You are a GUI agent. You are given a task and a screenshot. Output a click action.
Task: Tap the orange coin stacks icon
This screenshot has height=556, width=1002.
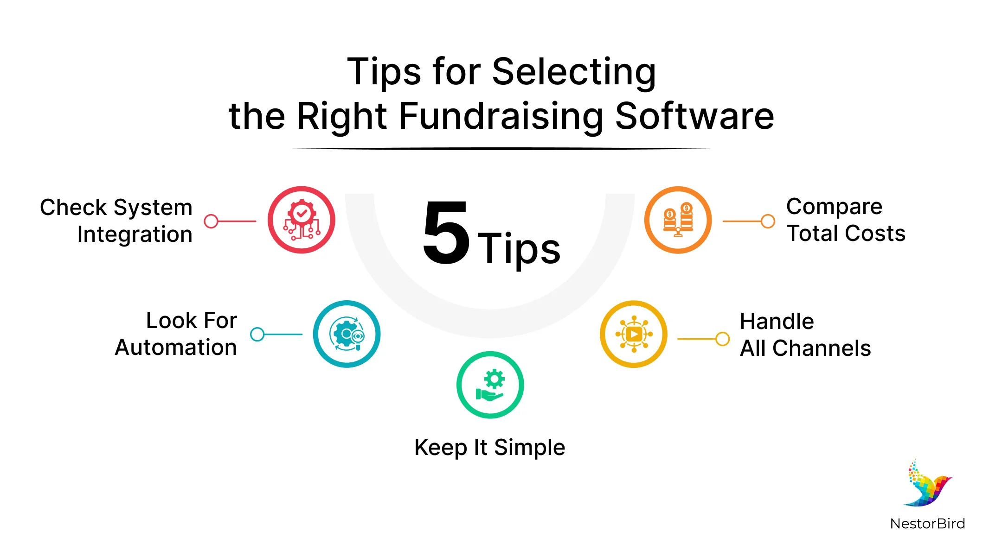click(678, 220)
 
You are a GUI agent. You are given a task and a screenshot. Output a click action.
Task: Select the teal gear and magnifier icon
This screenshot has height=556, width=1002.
click(347, 334)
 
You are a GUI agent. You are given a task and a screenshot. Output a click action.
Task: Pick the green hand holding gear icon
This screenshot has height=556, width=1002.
click(490, 385)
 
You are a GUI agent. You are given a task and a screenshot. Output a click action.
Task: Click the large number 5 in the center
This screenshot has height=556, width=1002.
click(446, 233)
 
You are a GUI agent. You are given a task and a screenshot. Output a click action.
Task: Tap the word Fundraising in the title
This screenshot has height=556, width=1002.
click(501, 116)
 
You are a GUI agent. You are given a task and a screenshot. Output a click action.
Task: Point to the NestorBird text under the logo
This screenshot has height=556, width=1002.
click(927, 524)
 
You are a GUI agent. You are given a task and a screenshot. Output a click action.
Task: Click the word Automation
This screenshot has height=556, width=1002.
click(176, 347)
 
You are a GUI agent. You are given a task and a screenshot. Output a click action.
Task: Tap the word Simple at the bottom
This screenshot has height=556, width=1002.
click(529, 448)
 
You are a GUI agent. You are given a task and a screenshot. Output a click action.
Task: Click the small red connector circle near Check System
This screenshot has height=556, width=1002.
click(211, 221)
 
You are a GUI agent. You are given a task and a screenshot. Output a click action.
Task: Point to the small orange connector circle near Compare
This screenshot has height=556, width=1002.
click(768, 221)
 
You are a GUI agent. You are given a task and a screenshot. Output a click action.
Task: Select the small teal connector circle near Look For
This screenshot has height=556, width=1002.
click(257, 334)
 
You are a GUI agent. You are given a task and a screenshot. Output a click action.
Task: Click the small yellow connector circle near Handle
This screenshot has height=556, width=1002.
click(722, 339)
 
